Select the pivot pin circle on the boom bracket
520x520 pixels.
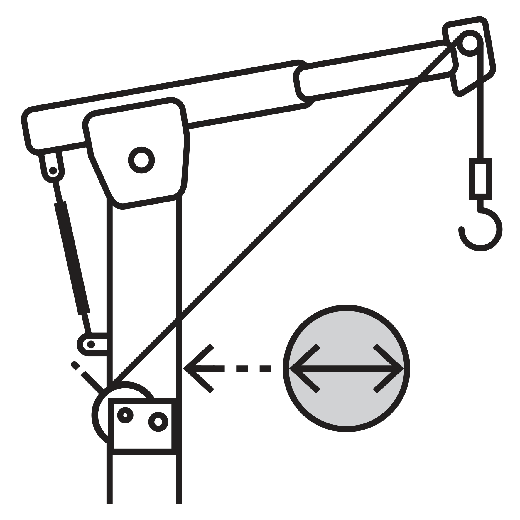pyautogui.click(x=141, y=160)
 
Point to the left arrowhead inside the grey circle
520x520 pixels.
pyautogui.click(x=302, y=368)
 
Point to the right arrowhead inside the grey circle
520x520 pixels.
pyautogui.click(x=390, y=368)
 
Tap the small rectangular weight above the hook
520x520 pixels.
pyautogui.click(x=481, y=179)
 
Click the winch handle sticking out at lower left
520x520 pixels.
pyautogui.click(x=88, y=377)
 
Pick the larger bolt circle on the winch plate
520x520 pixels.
pyautogui.click(x=158, y=422)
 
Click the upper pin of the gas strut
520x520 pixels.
pyautogui.click(x=53, y=170)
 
